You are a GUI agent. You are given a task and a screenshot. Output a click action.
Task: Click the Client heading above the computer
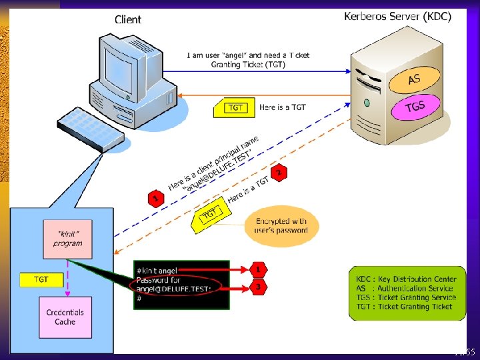pos(128,19)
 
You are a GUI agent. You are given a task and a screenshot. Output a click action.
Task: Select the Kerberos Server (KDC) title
pos(397,16)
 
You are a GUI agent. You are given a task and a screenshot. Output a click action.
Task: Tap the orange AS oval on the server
pos(414,80)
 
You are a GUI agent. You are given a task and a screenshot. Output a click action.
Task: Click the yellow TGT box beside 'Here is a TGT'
pos(234,108)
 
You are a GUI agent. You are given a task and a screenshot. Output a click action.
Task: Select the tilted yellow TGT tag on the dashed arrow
pos(210,214)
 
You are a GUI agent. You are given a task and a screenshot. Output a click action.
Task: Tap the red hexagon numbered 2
pos(279,172)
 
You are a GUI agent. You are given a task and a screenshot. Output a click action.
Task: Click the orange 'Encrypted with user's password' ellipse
pos(281,225)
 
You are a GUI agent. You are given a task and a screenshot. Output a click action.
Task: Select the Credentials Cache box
pos(65,317)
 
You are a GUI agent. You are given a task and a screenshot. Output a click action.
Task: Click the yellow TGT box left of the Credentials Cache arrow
pos(41,280)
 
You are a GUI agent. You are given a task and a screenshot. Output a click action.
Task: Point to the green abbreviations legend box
pos(407,293)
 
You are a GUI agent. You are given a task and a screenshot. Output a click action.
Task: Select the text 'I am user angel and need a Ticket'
pos(248,55)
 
